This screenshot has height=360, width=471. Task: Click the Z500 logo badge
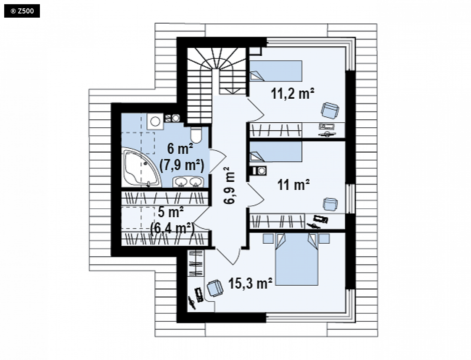pos(22,11)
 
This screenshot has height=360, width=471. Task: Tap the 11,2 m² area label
pos(293,93)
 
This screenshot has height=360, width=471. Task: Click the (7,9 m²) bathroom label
pos(182,165)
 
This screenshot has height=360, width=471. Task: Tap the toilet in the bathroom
pos(196,135)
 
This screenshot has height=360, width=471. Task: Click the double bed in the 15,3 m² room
pos(296,259)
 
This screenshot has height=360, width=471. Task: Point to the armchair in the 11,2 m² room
pos(330,110)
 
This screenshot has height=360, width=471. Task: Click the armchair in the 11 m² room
pos(330,204)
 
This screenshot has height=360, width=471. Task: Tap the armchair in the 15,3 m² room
pos(215,288)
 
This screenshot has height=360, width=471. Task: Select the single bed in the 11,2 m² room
pos(276,71)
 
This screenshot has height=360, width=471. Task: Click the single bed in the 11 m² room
pos(276,152)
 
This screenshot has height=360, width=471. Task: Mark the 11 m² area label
pos(293,184)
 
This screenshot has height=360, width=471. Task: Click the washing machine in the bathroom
pos(155,121)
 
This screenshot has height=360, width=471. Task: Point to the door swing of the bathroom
pos(217,161)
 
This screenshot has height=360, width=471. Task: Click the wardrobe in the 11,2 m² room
pos(276,130)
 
